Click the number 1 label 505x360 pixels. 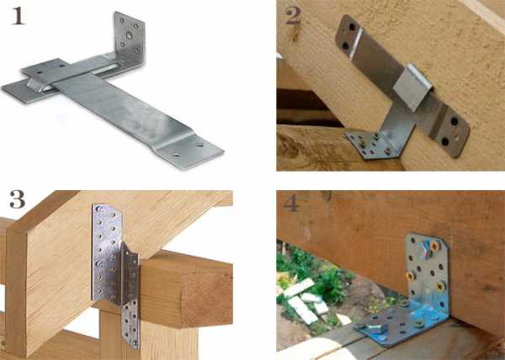click(18, 17)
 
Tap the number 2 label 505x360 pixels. click(293, 16)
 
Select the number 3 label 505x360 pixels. click(17, 199)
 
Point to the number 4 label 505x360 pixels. click(291, 204)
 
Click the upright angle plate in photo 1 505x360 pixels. click(130, 35)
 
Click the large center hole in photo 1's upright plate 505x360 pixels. click(129, 35)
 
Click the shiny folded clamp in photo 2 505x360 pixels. click(412, 87)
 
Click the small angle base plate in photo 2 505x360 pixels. click(370, 145)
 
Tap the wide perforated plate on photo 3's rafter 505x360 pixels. click(107, 254)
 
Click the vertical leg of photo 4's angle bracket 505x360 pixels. click(427, 273)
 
